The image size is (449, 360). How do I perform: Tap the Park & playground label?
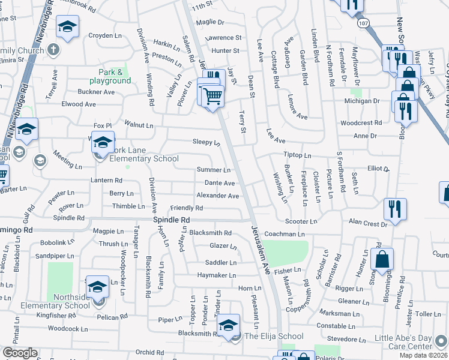(x=110, y=76)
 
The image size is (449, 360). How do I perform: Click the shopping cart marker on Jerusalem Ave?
(x=213, y=95)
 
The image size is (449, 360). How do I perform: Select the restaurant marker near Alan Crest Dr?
(x=394, y=209)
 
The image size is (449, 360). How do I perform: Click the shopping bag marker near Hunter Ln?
(x=382, y=260)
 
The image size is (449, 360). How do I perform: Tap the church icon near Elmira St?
(x=53, y=49)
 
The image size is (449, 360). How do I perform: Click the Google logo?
(x=20, y=353)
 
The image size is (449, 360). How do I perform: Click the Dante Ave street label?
(x=220, y=183)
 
